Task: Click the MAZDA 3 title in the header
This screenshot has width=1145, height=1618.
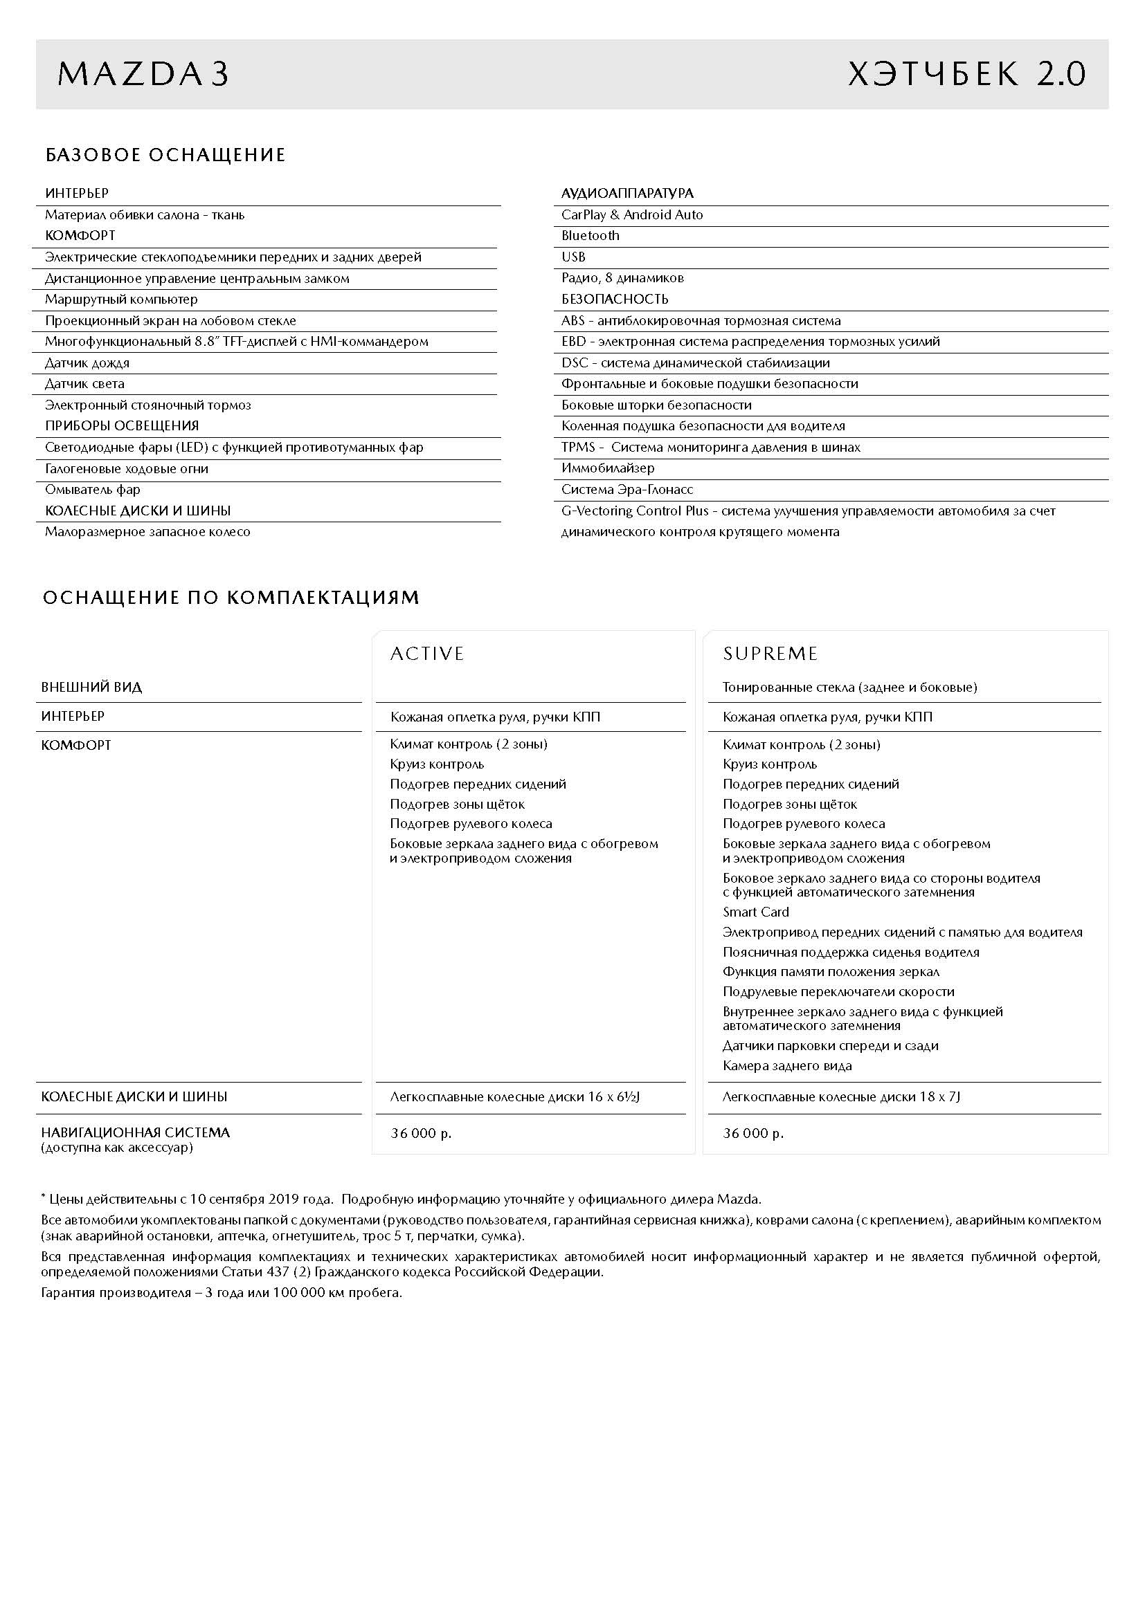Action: [143, 75]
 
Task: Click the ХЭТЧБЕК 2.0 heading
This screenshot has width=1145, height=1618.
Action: [966, 75]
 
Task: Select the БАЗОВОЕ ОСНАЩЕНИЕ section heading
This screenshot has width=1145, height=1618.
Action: [165, 155]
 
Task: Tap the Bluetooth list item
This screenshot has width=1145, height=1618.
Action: [590, 236]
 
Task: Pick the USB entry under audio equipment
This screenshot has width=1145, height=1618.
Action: [573, 257]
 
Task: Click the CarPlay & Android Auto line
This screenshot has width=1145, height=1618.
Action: [632, 215]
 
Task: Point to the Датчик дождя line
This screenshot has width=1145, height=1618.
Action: [87, 363]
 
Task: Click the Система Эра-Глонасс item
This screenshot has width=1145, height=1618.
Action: [626, 489]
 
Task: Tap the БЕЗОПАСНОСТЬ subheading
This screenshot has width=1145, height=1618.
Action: [615, 300]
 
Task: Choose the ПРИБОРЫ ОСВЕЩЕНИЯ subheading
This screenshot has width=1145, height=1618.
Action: [122, 425]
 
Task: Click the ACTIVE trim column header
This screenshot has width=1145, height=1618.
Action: [427, 654]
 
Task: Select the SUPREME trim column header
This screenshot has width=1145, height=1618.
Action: [770, 654]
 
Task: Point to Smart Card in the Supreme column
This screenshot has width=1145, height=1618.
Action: [755, 912]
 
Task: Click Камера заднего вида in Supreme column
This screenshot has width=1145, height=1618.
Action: [787, 1065]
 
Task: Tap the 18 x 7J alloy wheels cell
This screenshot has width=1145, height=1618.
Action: [841, 1096]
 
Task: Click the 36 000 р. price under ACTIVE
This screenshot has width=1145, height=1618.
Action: [421, 1133]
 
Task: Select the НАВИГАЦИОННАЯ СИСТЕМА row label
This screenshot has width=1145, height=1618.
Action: [136, 1132]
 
